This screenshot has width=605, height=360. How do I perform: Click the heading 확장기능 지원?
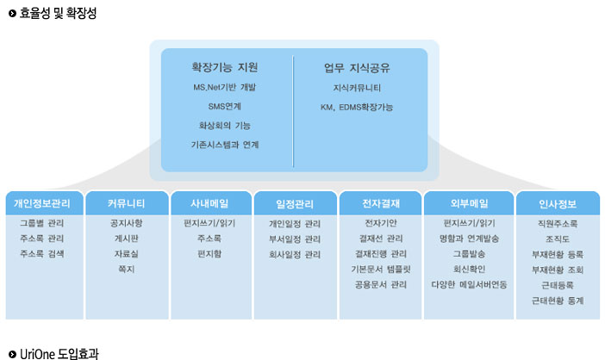click(225, 67)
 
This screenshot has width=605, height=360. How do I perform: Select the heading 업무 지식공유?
click(357, 68)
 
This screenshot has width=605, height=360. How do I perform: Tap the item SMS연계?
click(225, 107)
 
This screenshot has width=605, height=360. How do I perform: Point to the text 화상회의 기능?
click(225, 126)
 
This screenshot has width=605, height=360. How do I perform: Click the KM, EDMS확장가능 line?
click(357, 107)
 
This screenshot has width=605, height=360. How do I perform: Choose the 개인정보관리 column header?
click(42, 203)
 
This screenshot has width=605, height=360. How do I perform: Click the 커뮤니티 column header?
click(126, 203)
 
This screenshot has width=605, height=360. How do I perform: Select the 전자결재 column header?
click(381, 203)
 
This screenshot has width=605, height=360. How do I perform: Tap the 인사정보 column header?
click(558, 204)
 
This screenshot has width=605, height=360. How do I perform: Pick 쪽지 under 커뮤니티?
click(126, 269)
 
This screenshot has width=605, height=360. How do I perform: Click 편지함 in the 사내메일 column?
click(209, 254)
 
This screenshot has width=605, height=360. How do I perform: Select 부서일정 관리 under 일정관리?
click(295, 239)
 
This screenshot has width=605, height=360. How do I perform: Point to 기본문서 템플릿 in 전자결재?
click(381, 269)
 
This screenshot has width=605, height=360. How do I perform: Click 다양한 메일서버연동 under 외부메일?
click(469, 284)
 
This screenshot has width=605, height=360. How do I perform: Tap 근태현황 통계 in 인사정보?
click(558, 301)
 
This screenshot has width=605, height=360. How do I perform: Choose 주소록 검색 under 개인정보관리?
click(42, 253)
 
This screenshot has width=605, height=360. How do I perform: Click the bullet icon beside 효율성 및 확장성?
click(12, 13)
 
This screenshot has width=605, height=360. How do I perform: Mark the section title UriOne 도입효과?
click(59, 354)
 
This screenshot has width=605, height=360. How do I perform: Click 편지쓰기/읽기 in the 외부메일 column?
click(469, 223)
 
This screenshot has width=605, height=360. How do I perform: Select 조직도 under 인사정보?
click(558, 239)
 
